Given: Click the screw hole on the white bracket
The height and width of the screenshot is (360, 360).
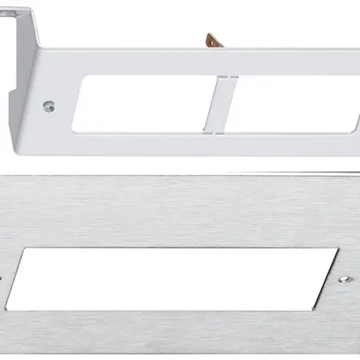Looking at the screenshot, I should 50,105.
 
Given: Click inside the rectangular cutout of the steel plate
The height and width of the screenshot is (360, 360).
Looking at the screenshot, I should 186,278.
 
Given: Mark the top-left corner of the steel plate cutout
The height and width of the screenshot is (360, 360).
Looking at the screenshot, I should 34,249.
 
